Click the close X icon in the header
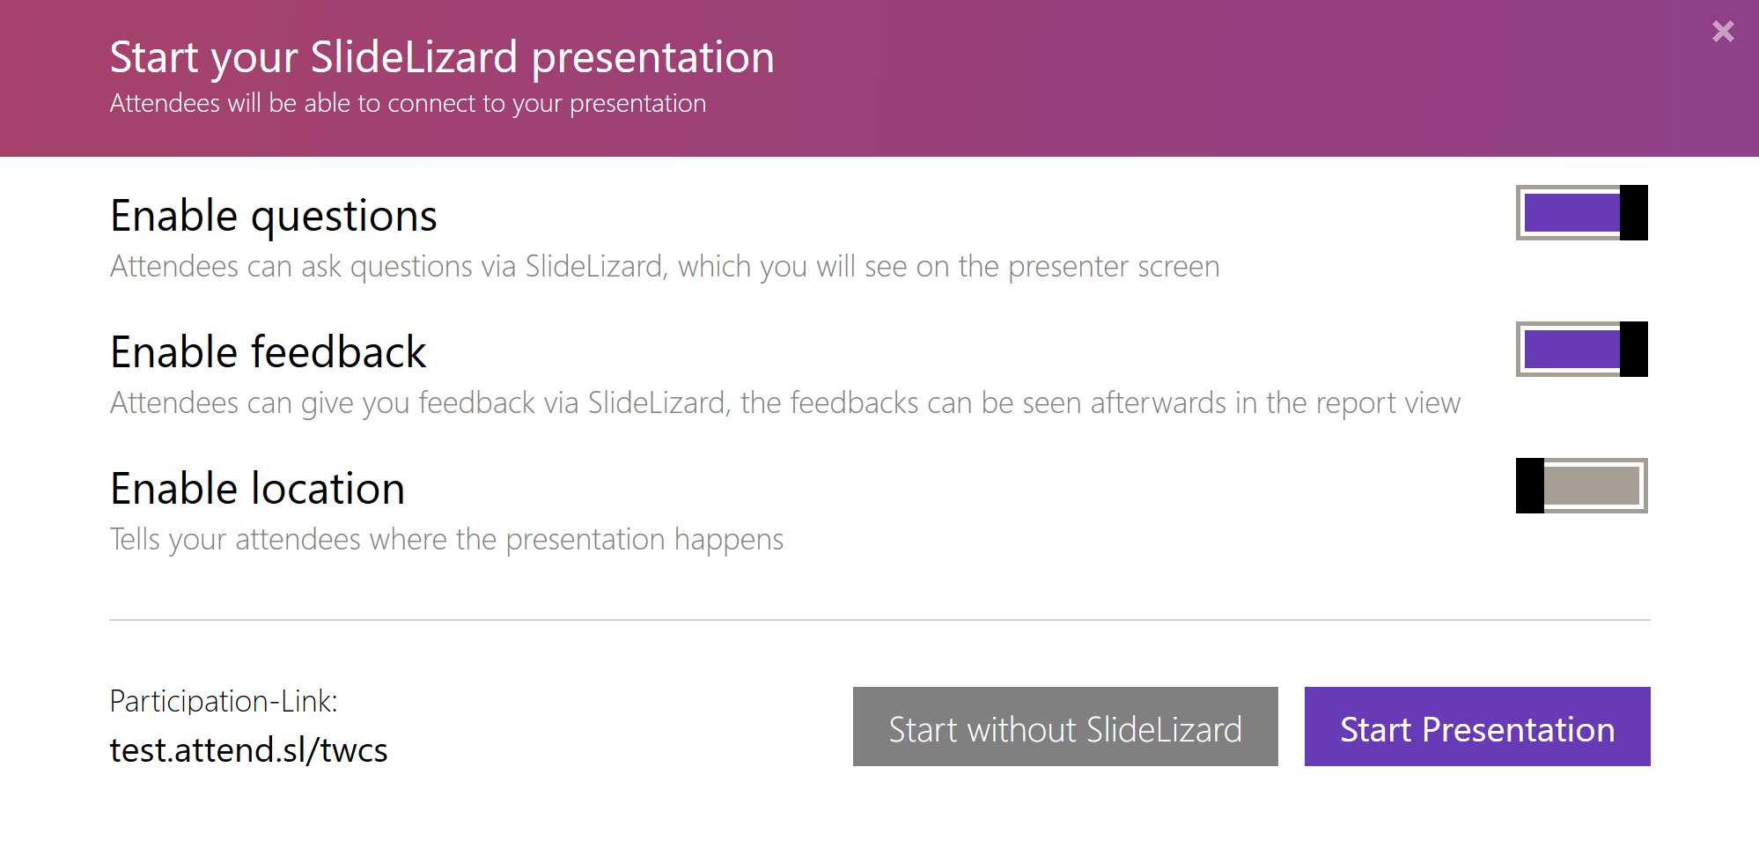1723,32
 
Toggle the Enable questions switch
1581,212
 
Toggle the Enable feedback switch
1581,349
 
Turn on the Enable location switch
1581,485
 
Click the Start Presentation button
1476,727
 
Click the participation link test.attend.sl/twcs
248,750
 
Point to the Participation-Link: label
224,701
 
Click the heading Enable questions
273,217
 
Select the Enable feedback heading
268,352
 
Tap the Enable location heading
257,489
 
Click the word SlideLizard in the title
414,58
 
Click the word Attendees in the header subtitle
165,104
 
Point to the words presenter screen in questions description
1114,267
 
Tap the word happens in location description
728,540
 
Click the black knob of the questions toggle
1633,212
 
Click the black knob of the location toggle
1530,485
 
